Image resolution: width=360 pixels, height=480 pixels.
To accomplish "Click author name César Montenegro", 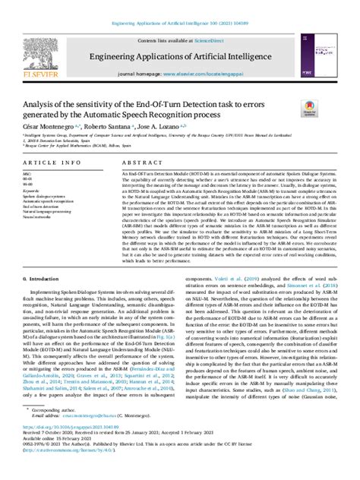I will coord(46,129).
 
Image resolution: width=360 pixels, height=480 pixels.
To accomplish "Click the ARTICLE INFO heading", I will coord(48,164).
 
